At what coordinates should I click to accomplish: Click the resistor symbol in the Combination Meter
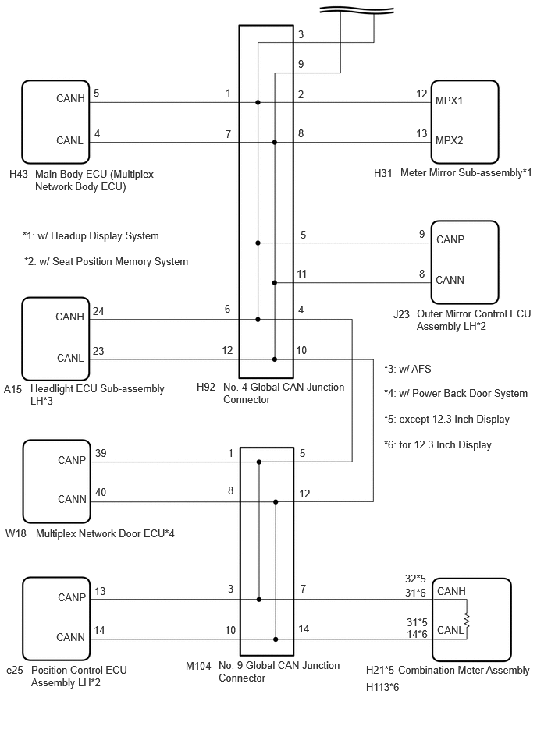click(x=467, y=620)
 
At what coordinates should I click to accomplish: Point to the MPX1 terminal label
click(x=449, y=101)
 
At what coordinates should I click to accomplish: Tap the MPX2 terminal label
click(x=449, y=140)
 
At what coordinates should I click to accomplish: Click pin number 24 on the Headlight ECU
click(x=98, y=311)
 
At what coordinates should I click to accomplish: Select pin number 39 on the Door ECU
click(x=101, y=454)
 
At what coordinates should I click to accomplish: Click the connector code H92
click(x=206, y=387)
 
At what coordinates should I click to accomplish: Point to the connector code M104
click(x=198, y=666)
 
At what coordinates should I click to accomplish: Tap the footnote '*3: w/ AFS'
click(x=407, y=369)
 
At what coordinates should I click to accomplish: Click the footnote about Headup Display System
click(x=91, y=236)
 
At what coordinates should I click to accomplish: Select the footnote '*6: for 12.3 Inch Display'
click(x=438, y=445)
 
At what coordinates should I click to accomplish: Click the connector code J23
click(x=401, y=314)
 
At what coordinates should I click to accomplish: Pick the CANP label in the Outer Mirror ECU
click(x=450, y=239)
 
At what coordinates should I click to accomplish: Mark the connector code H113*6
click(x=382, y=687)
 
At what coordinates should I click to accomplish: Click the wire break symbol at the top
click(x=357, y=10)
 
